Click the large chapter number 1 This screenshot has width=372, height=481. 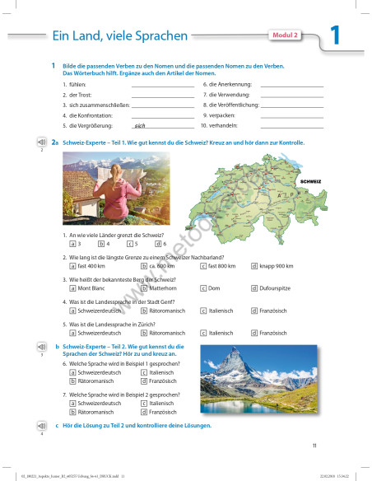(x=334, y=35)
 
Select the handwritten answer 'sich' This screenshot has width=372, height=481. (x=139, y=126)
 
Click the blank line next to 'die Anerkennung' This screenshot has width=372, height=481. (x=292, y=85)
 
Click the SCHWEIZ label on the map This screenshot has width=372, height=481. (x=311, y=180)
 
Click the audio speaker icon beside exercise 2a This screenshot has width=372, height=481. (x=40, y=142)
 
